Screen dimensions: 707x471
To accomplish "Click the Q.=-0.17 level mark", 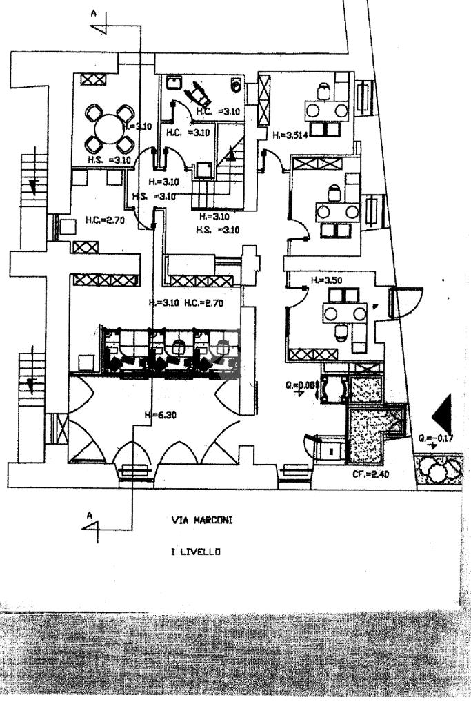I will tap(434, 437).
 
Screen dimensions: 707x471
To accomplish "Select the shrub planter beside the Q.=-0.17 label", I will tap(437, 471).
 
